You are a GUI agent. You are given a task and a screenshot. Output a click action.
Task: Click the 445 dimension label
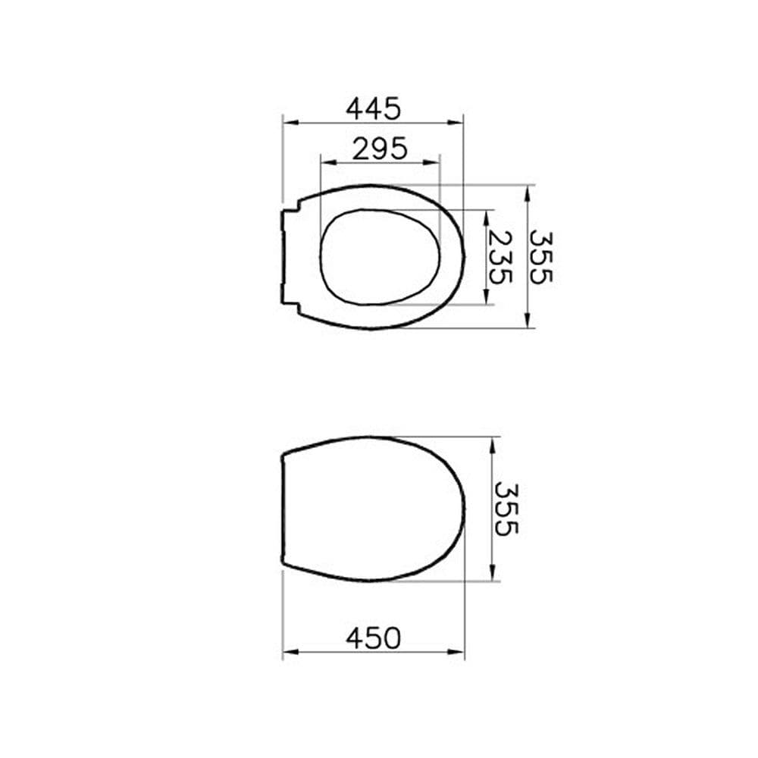tap(373, 109)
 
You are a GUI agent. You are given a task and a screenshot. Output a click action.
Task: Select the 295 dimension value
tap(380, 149)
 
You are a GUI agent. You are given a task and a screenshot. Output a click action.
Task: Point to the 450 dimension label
tap(373, 638)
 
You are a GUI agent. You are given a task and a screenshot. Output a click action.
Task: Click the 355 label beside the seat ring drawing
tap(541, 257)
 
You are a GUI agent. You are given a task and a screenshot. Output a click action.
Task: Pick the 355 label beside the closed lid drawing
tap(506, 509)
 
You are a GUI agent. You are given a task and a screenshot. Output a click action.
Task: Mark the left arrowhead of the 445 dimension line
tap(287, 121)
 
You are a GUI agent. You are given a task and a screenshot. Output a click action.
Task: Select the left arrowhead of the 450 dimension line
tap(287, 651)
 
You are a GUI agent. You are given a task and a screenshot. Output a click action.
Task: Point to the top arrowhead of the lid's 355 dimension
tap(493, 441)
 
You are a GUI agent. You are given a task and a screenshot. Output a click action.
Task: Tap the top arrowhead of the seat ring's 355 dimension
tap(528, 190)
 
